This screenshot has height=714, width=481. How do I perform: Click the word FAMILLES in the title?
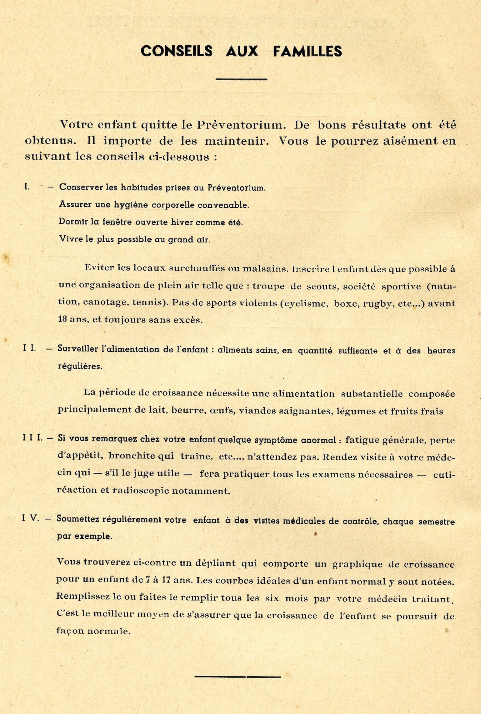(307, 51)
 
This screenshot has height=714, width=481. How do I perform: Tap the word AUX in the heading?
(242, 51)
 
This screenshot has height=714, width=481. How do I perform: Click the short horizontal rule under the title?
(241, 79)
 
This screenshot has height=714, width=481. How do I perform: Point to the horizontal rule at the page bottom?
(238, 676)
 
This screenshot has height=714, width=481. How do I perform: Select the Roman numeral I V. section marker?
(31, 518)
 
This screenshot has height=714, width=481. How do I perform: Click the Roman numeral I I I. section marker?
(32, 438)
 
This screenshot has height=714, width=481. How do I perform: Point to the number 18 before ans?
(63, 320)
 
